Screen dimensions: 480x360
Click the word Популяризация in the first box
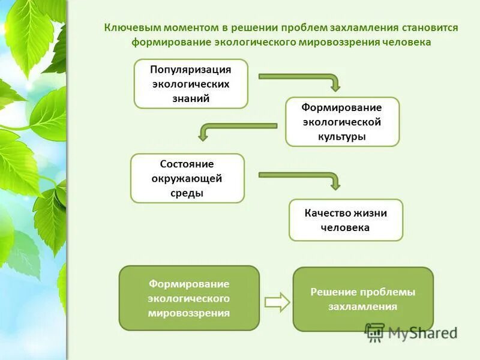tap(190, 70)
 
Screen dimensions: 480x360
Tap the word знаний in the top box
tap(190, 98)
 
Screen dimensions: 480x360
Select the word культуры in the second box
tap(342, 136)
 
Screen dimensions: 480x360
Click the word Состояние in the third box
tap(187, 164)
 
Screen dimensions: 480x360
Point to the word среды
tap(187, 193)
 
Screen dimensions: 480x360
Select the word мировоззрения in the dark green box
tap(189, 313)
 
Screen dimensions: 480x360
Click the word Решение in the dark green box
tap(334, 292)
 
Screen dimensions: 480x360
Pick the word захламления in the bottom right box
tap(362, 307)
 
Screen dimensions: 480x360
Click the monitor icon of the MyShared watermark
tap(375, 332)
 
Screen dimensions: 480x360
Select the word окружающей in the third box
tap(187, 178)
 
